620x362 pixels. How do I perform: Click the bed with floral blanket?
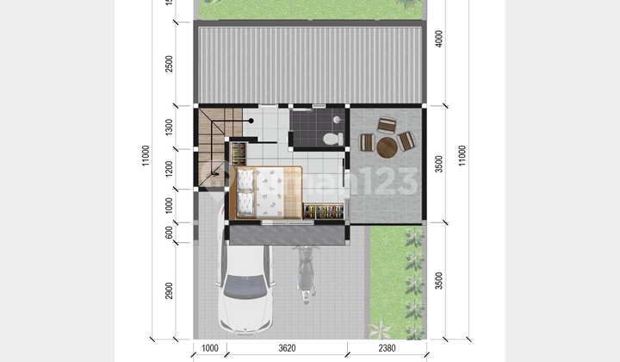tap(269, 191)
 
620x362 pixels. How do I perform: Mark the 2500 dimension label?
tap(170, 63)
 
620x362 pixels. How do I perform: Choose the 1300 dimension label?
tap(170, 128)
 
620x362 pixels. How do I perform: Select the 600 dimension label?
tap(170, 232)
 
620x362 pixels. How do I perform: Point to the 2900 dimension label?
tap(170, 290)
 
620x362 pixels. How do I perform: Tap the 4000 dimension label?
tap(439, 40)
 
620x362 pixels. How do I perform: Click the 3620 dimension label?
tap(287, 348)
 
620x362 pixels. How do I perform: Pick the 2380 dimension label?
tap(387, 348)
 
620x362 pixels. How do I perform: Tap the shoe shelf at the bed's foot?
tap(323, 211)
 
